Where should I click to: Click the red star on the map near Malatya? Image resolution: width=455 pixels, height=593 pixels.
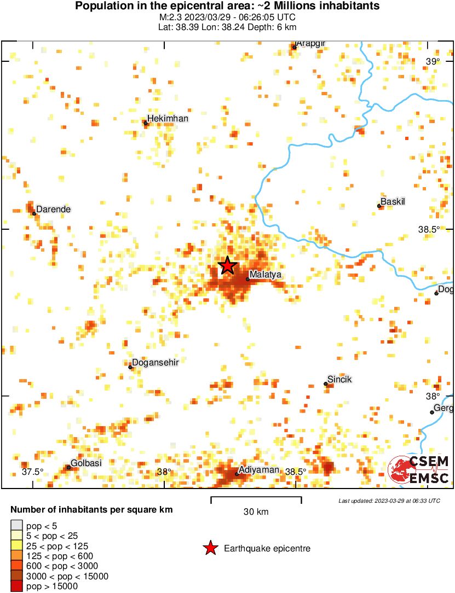point(228,266)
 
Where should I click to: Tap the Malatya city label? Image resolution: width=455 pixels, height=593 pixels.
point(265,274)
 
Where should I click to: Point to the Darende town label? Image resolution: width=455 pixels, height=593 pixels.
point(53,210)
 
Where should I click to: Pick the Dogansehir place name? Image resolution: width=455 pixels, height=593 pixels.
point(155,362)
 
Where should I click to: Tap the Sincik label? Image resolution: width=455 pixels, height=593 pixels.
point(339,379)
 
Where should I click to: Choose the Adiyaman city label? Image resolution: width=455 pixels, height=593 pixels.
point(259,470)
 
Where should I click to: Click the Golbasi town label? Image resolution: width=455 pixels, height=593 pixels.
point(87,463)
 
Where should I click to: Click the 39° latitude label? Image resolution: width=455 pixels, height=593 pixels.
point(433,61)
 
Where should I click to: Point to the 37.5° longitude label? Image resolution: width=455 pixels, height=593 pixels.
point(32,472)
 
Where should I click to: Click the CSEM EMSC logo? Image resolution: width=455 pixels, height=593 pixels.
point(419,470)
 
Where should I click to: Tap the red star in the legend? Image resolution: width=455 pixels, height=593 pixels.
point(210,548)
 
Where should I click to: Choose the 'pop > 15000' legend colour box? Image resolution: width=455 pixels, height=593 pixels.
point(16,586)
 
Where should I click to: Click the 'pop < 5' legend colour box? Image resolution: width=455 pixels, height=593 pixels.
point(16,526)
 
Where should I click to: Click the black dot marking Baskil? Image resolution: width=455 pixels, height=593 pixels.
point(379,206)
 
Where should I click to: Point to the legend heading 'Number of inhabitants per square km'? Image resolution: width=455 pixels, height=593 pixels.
point(91,510)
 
